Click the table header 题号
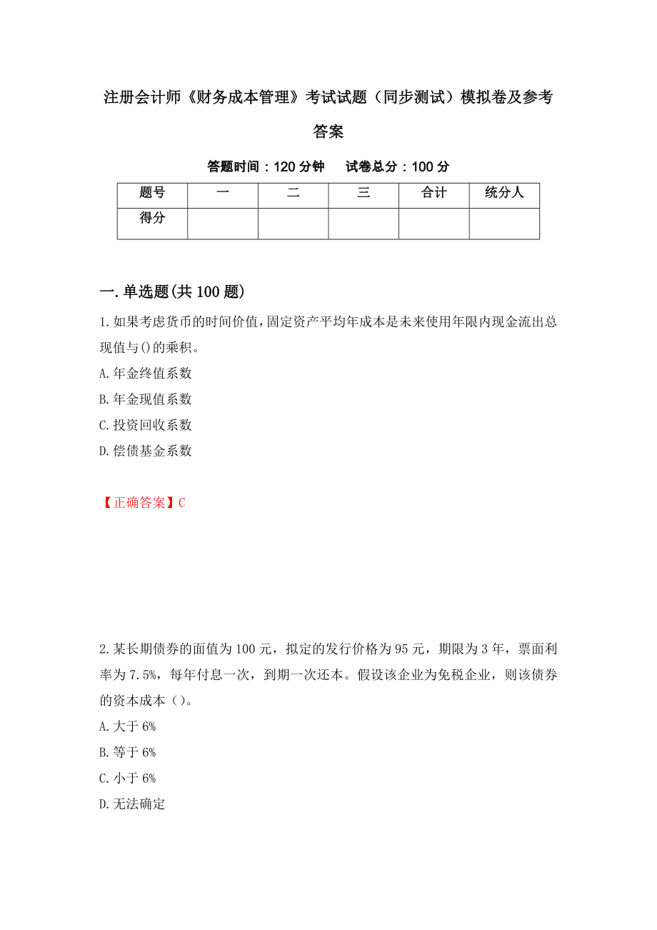[152, 192]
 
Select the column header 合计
[434, 192]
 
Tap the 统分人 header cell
[504, 192]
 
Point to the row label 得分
[152, 218]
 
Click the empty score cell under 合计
[434, 223]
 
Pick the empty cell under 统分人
[504, 223]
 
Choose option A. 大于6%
[128, 726]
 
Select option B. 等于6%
[128, 752]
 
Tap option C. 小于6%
[128, 778]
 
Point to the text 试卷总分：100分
[398, 166]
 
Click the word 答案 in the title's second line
[328, 132]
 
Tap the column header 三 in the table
[363, 192]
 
